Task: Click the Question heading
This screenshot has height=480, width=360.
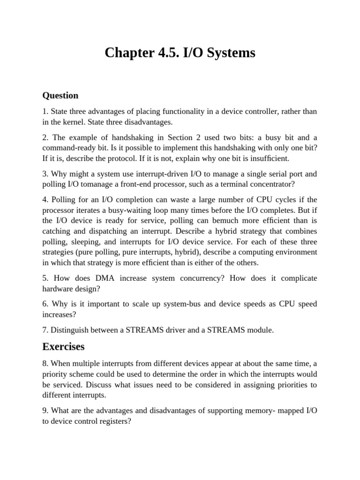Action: [60, 96]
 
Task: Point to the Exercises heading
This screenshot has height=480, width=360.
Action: [63, 346]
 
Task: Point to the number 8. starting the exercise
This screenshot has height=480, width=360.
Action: [45, 363]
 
